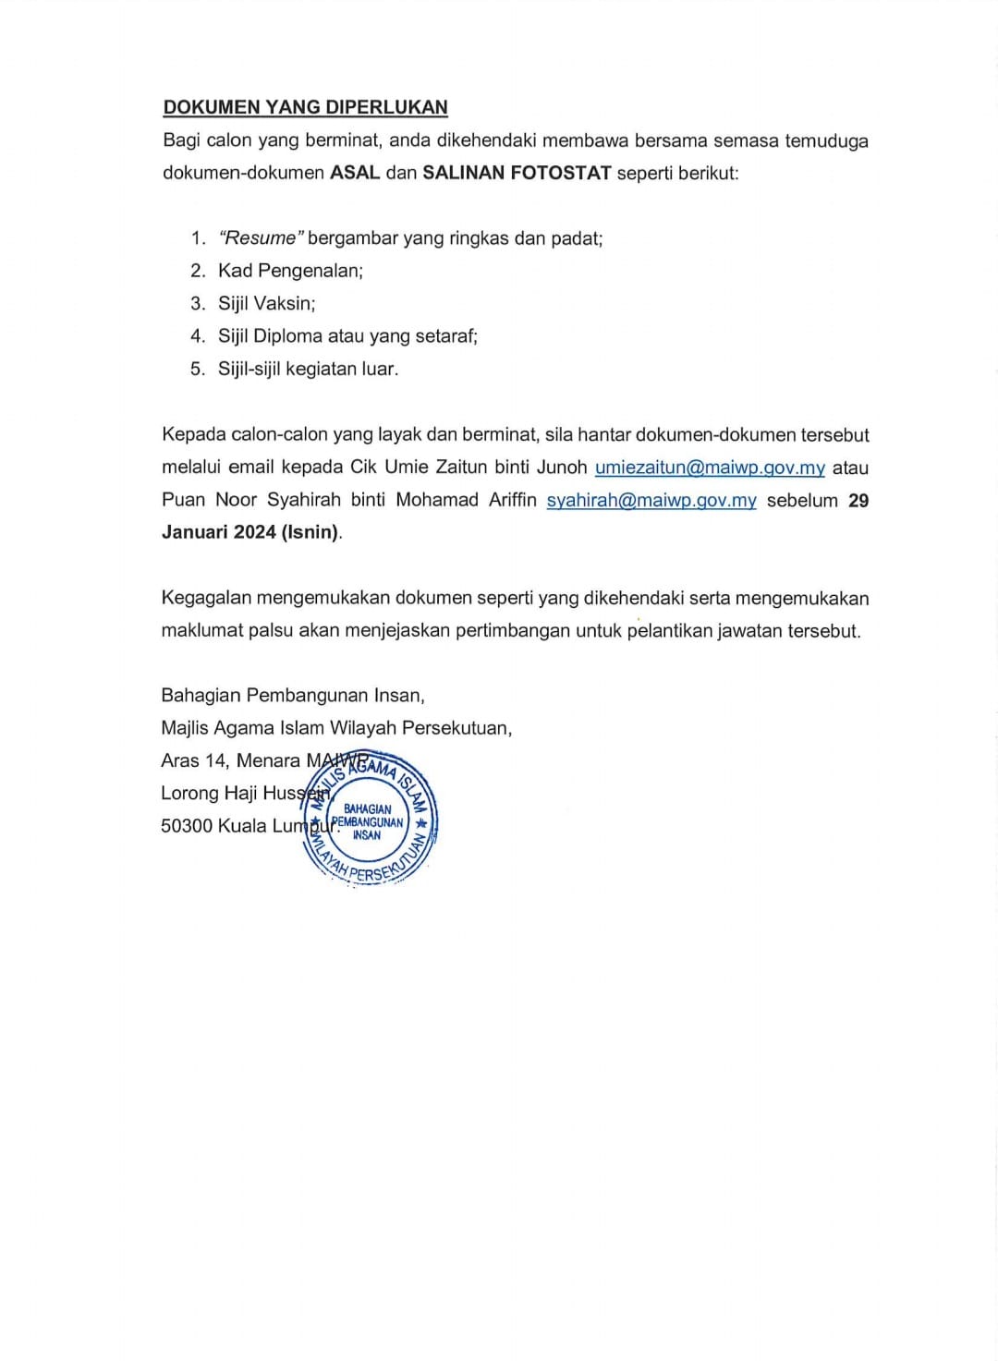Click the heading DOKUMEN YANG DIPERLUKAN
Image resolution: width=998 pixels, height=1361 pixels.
305,107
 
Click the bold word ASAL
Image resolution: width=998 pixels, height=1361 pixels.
355,173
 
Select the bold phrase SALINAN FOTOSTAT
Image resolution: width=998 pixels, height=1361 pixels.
517,173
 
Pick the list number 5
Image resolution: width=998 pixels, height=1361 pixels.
198,369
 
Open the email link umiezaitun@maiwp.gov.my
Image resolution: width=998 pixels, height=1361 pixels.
710,468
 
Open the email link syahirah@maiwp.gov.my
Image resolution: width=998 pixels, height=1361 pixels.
651,501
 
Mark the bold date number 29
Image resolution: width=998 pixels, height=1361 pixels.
858,501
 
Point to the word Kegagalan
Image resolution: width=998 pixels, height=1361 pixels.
205,598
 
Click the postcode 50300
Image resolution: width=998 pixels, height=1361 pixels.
187,826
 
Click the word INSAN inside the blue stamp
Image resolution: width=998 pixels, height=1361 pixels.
367,835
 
